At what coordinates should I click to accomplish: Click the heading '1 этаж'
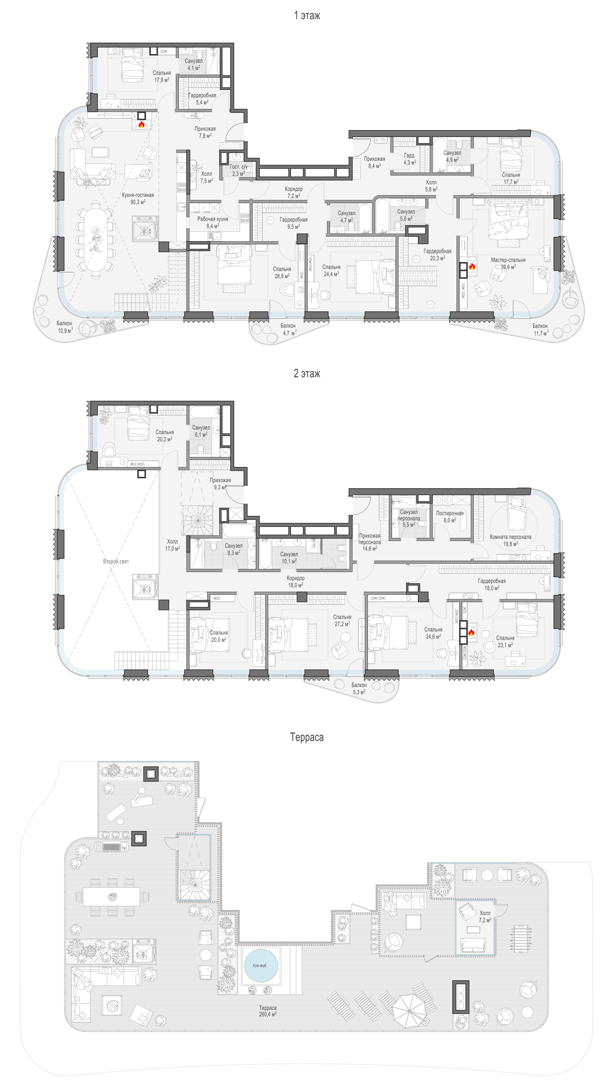[307, 16]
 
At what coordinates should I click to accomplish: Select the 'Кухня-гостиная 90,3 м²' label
[138, 199]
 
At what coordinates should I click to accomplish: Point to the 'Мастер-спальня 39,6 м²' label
[508, 263]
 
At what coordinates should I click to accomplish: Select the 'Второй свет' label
[116, 561]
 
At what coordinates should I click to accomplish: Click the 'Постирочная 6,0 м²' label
[450, 517]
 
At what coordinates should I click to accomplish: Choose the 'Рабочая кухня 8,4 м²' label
[212, 222]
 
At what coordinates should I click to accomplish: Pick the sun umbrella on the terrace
[409, 1011]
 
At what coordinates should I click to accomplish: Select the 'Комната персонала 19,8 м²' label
[510, 540]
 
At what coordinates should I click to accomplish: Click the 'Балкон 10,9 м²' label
[65, 327]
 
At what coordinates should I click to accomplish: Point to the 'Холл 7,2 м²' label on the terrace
[485, 917]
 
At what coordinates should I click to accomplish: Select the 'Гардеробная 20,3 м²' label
[437, 254]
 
